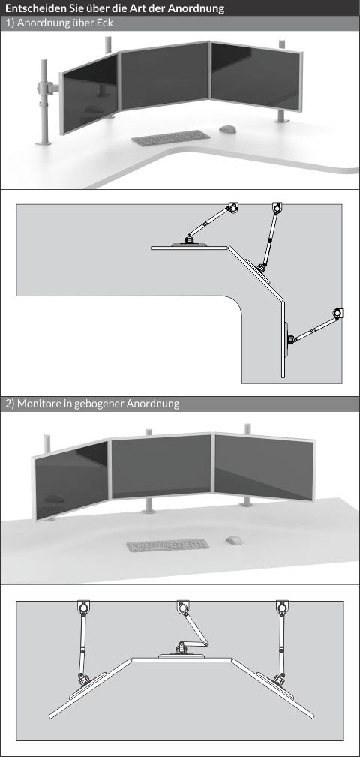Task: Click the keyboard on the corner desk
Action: point(171,137)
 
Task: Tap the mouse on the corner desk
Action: point(228,129)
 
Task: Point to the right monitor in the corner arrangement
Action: point(256,75)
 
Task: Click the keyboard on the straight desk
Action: point(167,545)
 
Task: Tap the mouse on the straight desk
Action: point(233,540)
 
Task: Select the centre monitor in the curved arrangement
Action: point(162,466)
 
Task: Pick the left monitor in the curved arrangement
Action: point(71,480)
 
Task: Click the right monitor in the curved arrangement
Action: point(264,466)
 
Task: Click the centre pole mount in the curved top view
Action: point(183,608)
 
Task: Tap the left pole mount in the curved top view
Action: point(84,608)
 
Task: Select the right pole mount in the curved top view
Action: point(282,608)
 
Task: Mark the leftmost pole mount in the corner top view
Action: point(232,208)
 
